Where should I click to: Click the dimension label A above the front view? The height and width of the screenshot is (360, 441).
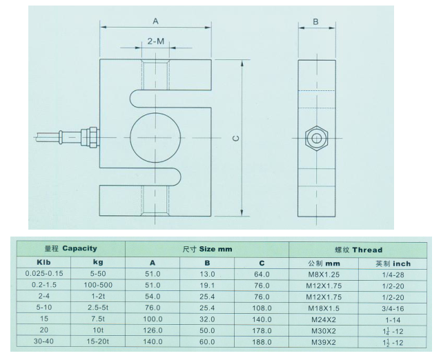tap(156, 21)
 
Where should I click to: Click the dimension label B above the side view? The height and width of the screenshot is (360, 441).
tap(315, 21)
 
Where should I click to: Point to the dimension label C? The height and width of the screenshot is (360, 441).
tap(235, 138)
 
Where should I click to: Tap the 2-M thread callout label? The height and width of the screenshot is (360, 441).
tap(156, 42)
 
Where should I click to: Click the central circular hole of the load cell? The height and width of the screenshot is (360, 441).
tap(156, 135)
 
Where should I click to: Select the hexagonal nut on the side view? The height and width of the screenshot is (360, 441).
tap(317, 138)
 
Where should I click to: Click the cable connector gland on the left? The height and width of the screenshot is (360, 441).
tap(88, 136)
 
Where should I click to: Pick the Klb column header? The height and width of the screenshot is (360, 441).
tap(45, 263)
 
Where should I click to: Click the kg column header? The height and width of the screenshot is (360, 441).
tap(97, 263)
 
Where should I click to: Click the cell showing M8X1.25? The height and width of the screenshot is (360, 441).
tap(323, 274)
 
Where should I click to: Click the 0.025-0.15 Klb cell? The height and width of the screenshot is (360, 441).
tap(45, 274)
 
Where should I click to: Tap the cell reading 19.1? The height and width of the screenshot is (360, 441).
tap(208, 286)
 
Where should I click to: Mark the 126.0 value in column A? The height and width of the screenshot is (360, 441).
tap(153, 331)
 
